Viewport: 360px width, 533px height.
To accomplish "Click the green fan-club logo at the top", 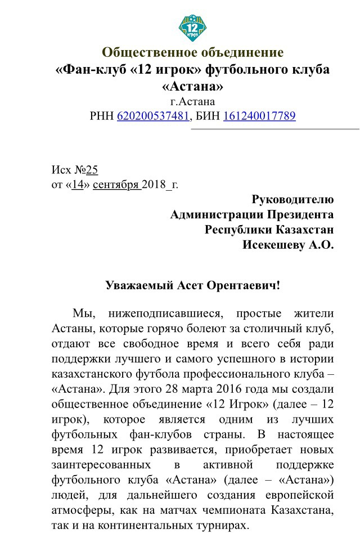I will (192, 27).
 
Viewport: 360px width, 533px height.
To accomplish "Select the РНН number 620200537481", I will (152, 117).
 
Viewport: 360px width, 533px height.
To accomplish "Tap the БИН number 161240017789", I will (259, 117).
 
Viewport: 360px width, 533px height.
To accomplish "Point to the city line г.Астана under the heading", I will (192, 102).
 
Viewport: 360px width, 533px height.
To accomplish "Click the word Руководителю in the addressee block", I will (292, 199).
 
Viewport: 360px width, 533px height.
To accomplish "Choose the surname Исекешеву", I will (272, 245).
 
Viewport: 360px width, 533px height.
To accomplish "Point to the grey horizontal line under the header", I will (276, 129).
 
